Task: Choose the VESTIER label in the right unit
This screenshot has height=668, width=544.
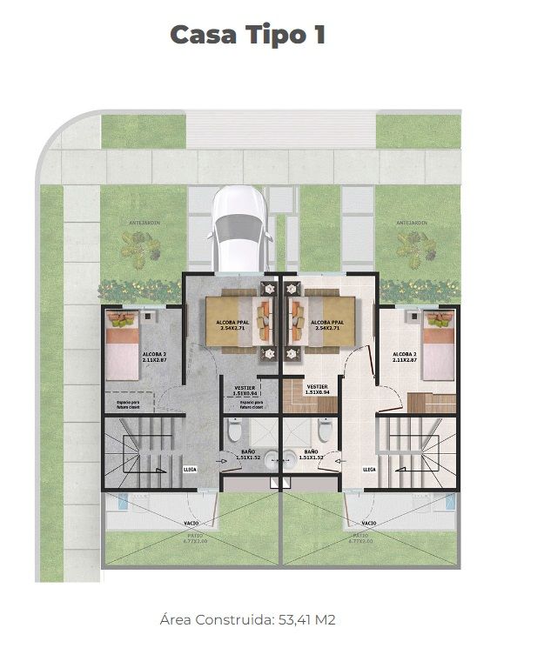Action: click(x=317, y=388)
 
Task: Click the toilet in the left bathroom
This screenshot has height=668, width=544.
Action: click(x=233, y=430)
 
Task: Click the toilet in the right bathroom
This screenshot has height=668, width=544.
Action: click(x=325, y=430)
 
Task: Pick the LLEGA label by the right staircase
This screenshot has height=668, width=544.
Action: click(x=368, y=470)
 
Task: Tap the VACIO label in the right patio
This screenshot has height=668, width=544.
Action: click(x=368, y=524)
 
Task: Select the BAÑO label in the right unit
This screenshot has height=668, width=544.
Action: click(x=312, y=452)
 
